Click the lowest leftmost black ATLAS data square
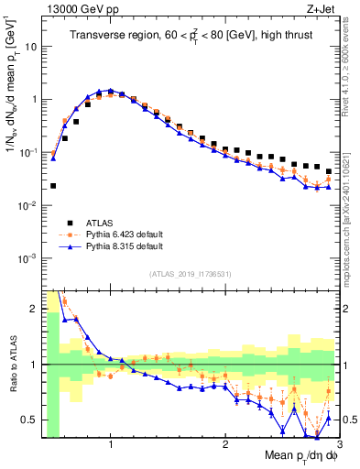tap(53, 186)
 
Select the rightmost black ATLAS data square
tap(328, 170)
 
